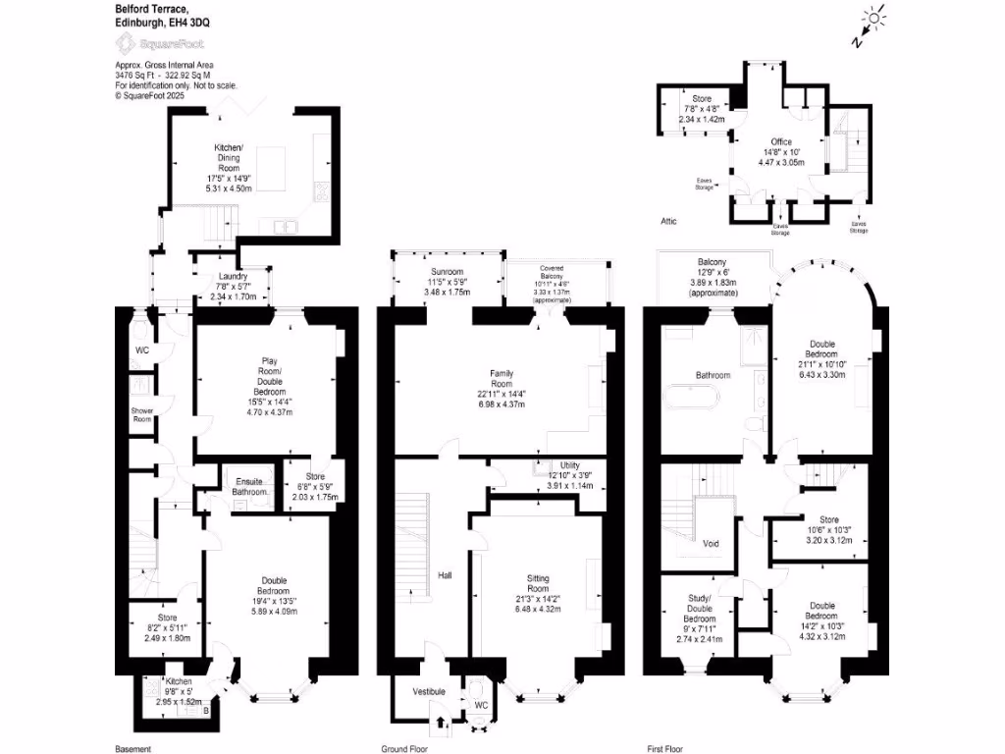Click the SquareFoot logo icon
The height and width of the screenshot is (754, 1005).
click(126, 43)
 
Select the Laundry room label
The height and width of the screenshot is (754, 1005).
click(233, 277)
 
